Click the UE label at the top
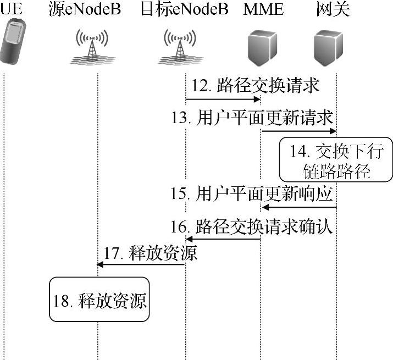12,9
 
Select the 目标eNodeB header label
185,9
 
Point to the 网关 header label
334,9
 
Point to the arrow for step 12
223,99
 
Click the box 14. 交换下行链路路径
335,160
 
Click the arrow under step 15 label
299,207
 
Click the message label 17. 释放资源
150,254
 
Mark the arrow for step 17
141,265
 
